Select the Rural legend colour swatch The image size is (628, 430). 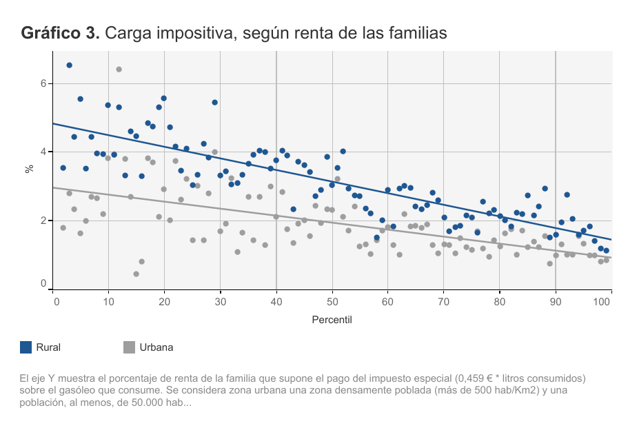[x=26, y=347]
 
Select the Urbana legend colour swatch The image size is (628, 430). [x=129, y=347]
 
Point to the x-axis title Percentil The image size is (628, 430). [x=332, y=320]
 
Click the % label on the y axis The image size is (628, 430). [x=29, y=167]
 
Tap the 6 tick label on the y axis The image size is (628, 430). [x=43, y=83]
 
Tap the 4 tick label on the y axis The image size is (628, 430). [x=43, y=152]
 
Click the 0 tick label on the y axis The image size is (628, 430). [x=43, y=283]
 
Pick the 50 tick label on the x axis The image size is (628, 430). [x=332, y=301]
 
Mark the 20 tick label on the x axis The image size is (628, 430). [x=164, y=301]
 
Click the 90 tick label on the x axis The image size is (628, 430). [x=555, y=301]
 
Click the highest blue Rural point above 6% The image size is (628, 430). [x=69, y=65]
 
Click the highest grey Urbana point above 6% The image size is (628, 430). [x=119, y=69]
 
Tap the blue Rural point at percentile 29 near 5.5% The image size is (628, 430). [x=214, y=102]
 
